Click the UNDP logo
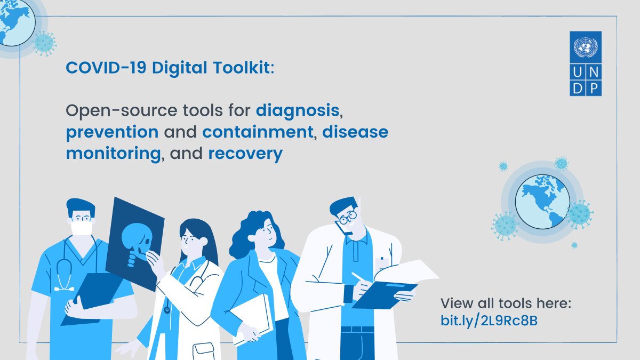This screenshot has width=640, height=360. click(585, 63)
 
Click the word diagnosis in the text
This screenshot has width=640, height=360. click(298, 111)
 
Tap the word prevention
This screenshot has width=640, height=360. click(112, 132)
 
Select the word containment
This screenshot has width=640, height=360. click(258, 132)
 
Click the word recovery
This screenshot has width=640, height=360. click(245, 154)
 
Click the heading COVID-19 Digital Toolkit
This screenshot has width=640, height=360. click(170, 68)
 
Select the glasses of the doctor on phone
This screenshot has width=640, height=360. click(347, 218)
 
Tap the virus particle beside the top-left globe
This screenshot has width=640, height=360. click(44, 42)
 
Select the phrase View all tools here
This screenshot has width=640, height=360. click(506, 303)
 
